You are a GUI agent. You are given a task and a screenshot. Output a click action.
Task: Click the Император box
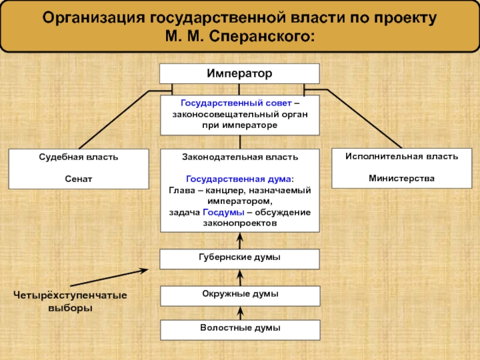(x=239, y=74)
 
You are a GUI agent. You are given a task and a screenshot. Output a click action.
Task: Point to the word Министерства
(x=401, y=178)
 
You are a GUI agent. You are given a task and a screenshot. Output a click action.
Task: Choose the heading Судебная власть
(x=78, y=157)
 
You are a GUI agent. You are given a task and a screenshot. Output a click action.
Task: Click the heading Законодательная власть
(x=239, y=157)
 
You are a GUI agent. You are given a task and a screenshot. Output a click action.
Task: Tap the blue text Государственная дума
(x=238, y=179)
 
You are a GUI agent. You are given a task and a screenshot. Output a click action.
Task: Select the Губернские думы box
(x=239, y=258)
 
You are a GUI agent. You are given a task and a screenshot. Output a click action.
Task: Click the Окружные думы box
(x=239, y=295)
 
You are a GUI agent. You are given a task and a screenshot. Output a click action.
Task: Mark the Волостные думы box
(x=239, y=329)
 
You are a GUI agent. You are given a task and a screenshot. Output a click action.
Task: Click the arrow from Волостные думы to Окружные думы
(x=240, y=313)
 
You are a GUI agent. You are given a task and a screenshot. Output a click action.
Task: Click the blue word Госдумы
(x=223, y=212)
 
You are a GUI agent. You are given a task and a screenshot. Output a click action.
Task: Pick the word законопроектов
(x=239, y=223)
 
